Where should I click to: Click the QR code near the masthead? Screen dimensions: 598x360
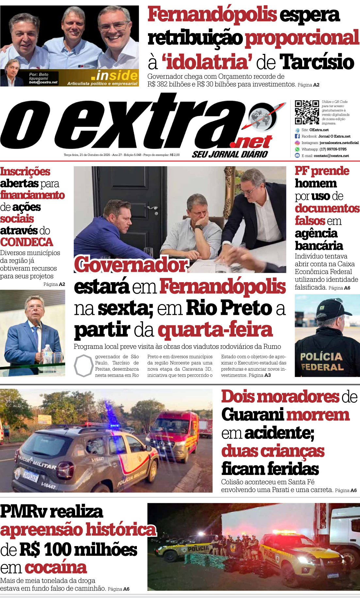point(307,112)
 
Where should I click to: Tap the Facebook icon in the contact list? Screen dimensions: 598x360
point(297,136)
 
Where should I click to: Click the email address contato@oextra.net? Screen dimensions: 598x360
point(331,156)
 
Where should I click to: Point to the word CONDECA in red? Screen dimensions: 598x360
point(26,242)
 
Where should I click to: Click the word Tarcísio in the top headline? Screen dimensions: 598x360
point(317,62)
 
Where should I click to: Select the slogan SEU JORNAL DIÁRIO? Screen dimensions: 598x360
point(230,154)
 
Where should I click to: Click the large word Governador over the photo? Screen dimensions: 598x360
point(131,264)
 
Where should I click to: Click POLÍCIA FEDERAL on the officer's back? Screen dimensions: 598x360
point(322,362)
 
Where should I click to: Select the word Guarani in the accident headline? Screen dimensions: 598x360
point(253,415)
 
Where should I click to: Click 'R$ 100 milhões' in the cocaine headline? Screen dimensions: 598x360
point(78,549)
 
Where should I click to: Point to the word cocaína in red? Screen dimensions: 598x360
point(56,568)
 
